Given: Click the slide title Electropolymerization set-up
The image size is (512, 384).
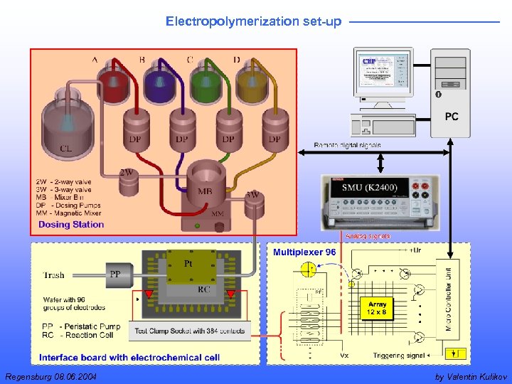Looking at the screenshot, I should pos(253,21).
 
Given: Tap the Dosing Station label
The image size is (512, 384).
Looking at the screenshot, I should pos(71,225).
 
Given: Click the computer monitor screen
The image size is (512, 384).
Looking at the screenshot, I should pos(383,72).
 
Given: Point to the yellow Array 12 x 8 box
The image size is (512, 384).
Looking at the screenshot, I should pos(377,309).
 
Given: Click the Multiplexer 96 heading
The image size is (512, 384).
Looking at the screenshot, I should pos(304,252).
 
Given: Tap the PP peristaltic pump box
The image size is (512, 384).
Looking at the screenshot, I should pos(114,273).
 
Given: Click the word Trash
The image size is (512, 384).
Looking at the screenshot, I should pos(54,274).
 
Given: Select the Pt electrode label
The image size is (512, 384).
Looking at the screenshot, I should pos(188,264).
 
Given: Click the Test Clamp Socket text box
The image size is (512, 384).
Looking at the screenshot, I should pos(190,331).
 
